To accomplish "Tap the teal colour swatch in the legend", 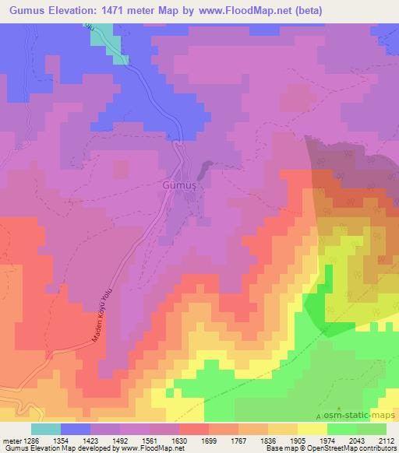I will coord(46,429).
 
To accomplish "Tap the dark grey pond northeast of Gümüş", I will coord(205,168).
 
